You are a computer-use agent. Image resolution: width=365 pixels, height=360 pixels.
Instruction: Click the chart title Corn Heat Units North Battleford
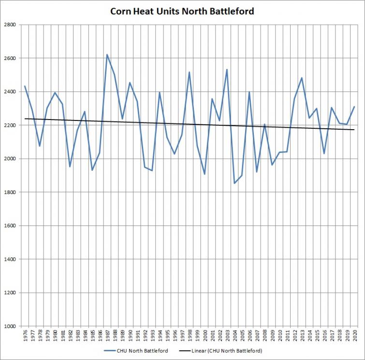[x=182, y=12]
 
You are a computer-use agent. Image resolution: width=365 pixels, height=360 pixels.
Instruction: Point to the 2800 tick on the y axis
[x=10, y=25]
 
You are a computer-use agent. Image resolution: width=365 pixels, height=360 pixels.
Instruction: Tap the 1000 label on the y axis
[x=10, y=326]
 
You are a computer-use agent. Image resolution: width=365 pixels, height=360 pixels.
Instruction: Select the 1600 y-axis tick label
[x=10, y=225]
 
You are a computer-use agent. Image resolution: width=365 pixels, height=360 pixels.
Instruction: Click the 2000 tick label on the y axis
[x=10, y=159]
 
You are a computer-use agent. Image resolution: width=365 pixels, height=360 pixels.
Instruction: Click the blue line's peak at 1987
[x=107, y=55]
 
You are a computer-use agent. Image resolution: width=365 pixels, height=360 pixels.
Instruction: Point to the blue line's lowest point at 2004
[x=234, y=183]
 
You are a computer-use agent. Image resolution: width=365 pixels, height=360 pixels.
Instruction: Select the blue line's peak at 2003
[x=227, y=70]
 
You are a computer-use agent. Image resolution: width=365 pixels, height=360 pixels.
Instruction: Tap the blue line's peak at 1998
[x=190, y=72]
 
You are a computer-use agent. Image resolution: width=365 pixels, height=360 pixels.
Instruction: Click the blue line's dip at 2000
[x=204, y=174]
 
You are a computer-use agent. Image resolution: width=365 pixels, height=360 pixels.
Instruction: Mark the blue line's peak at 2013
[x=302, y=78]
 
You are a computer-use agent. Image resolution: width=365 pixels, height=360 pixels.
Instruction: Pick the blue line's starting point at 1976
[x=25, y=86]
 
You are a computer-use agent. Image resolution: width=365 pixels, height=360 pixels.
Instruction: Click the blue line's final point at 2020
[x=354, y=106]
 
